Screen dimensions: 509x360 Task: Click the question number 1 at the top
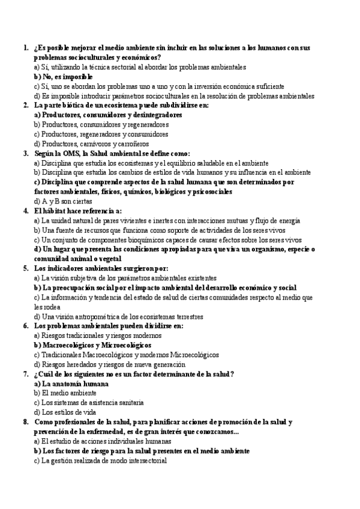(x=25, y=47)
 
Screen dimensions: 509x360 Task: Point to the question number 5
(x=25, y=268)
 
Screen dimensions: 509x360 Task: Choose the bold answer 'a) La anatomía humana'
(x=71, y=384)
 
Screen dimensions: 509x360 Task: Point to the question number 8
(x=25, y=422)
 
